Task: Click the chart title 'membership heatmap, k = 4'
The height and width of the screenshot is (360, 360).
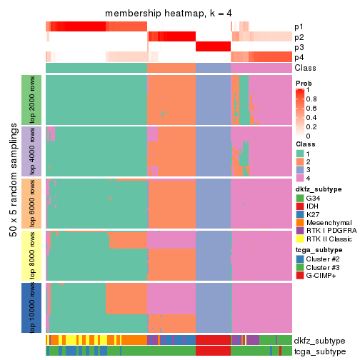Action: [169, 14]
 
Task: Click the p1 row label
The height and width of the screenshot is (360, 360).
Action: [299, 27]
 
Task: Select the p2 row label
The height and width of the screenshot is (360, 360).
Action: [299, 37]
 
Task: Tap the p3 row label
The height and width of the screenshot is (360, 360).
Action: [299, 47]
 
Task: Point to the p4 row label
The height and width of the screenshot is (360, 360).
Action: [299, 57]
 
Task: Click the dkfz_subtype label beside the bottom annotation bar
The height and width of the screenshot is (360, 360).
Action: [319, 340]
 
